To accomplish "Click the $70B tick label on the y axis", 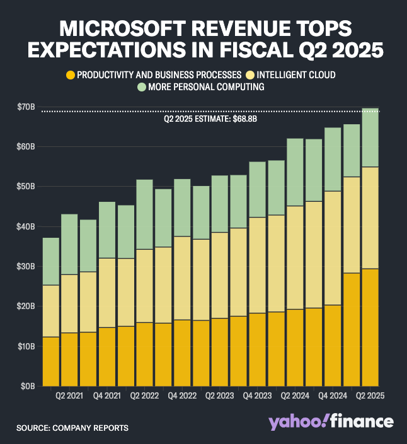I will [x=25, y=107].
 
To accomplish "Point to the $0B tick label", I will [x=27, y=386].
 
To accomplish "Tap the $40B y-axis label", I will [x=25, y=226].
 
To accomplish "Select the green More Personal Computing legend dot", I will [x=142, y=87].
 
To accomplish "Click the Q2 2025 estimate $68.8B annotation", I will [x=203, y=117].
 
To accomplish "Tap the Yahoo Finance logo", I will [x=331, y=421].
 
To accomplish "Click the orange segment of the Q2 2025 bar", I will [x=370, y=327].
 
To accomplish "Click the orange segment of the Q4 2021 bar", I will [x=106, y=356].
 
